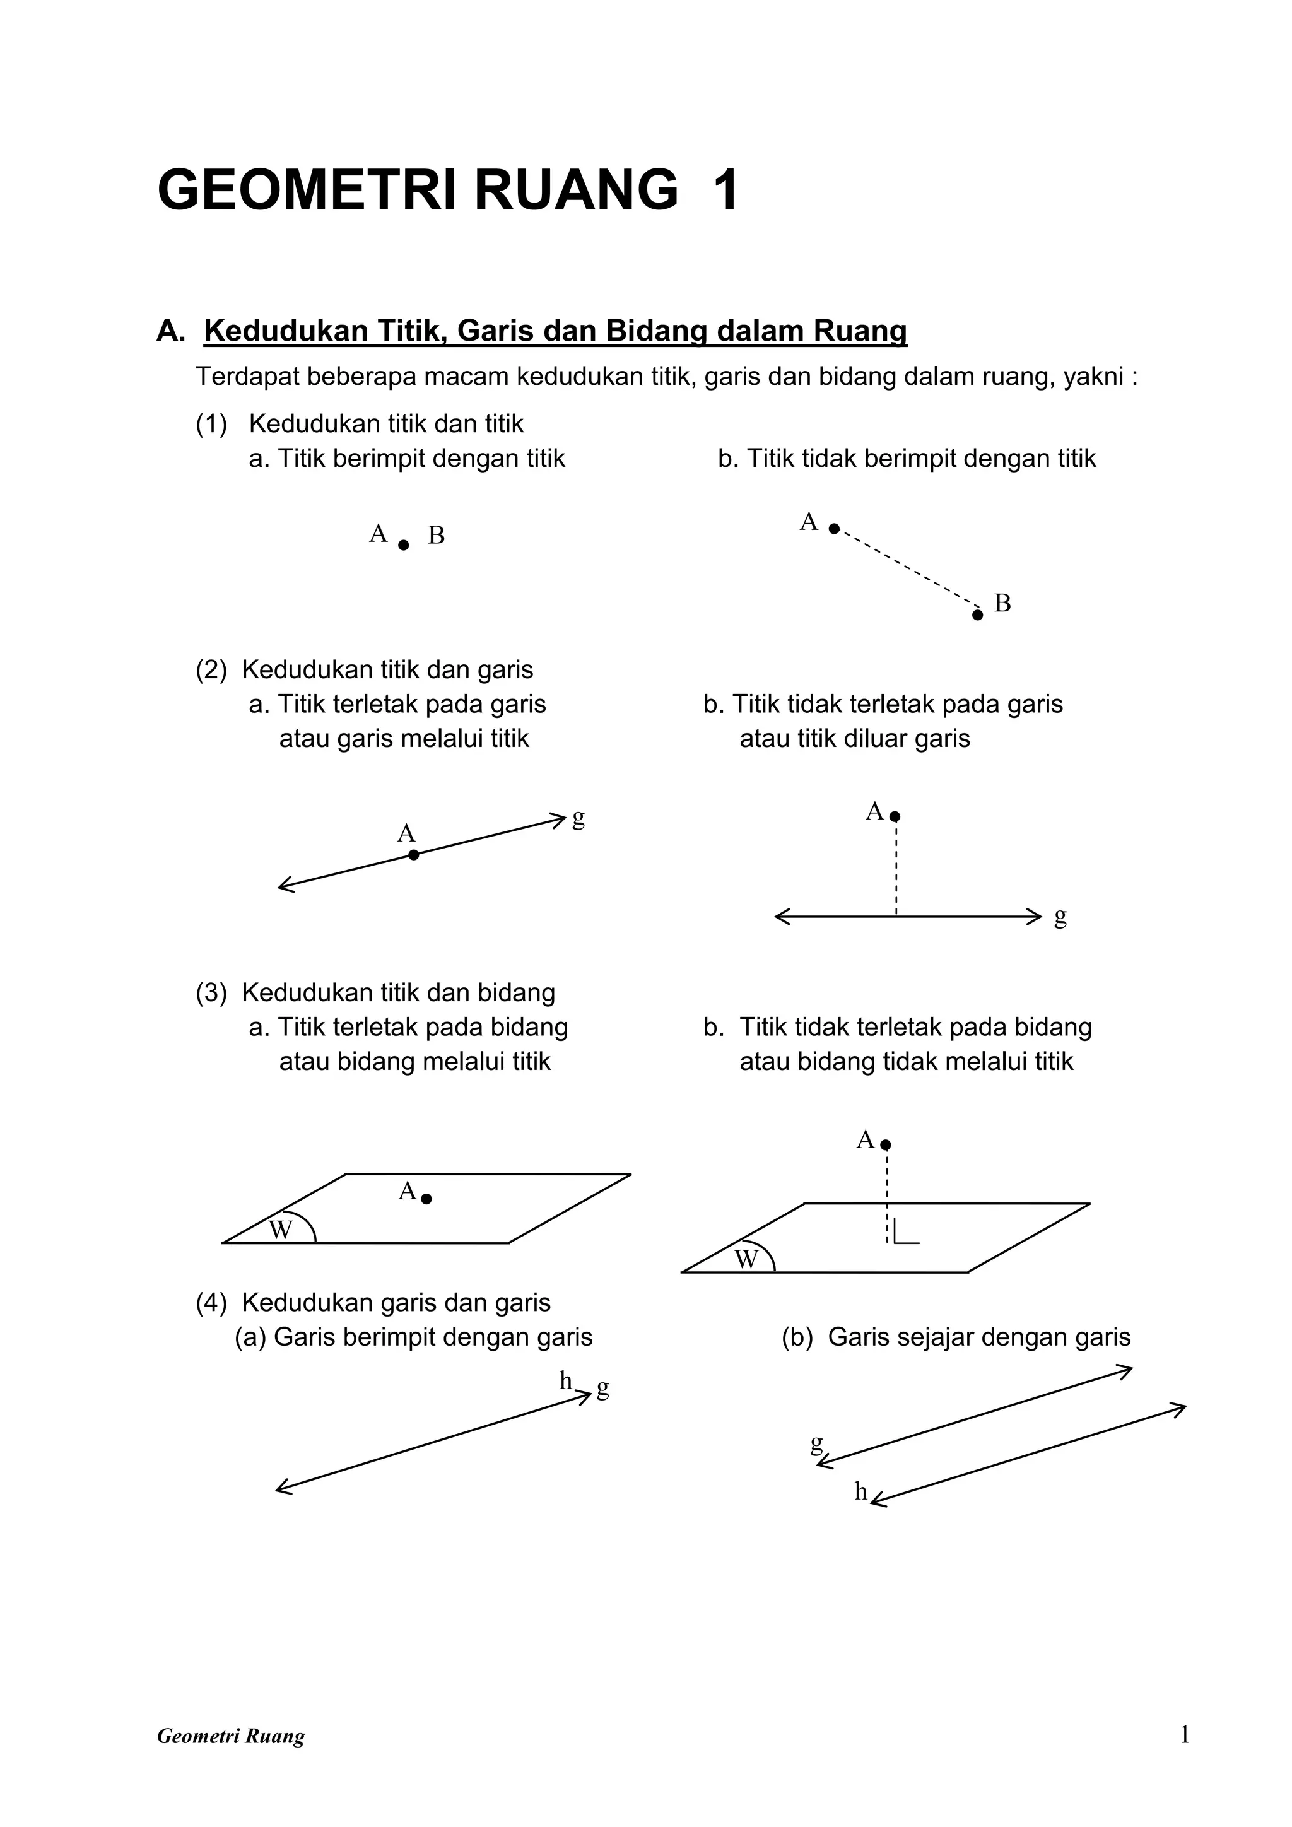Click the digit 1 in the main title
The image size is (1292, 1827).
(725, 191)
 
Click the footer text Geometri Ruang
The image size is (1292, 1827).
(231, 1736)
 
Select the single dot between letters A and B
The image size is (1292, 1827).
(403, 545)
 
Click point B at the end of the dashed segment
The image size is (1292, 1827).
(978, 614)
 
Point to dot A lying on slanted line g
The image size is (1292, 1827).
(414, 855)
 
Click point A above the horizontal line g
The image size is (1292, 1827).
(895, 816)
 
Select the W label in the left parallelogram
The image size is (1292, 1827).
(281, 1230)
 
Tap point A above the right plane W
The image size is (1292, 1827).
(886, 1145)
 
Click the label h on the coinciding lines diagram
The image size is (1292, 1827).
(566, 1380)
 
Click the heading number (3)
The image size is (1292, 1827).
(211, 992)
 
